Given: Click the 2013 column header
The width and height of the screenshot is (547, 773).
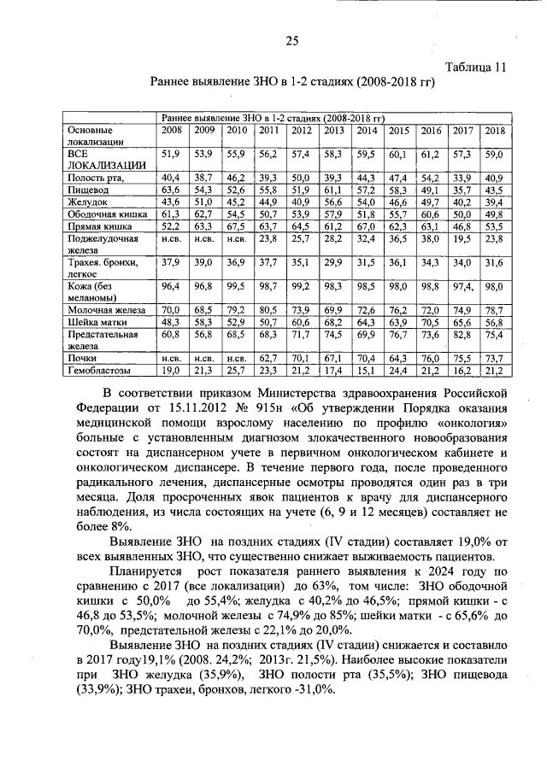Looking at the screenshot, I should point(334,130).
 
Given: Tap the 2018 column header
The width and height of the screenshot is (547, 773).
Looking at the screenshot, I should point(493,130).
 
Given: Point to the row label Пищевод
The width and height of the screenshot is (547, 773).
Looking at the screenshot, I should point(88,189).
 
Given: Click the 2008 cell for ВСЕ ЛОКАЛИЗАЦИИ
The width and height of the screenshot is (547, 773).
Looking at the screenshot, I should point(170,154).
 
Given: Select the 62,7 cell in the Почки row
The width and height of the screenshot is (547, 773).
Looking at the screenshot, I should point(268,358).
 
